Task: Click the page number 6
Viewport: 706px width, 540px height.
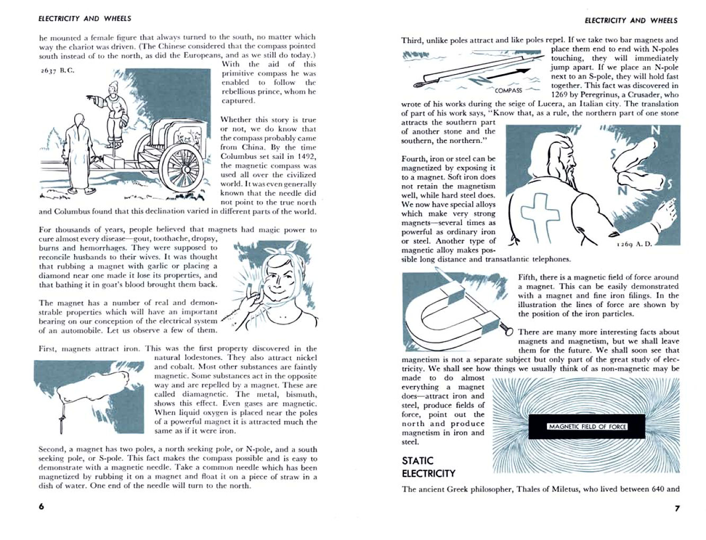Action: (x=41, y=506)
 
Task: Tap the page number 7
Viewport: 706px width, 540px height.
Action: (x=677, y=508)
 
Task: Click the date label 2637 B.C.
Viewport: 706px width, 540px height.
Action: (x=57, y=70)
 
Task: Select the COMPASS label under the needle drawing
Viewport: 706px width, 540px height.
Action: (x=508, y=90)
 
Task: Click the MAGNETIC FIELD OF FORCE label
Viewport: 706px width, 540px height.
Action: (x=587, y=427)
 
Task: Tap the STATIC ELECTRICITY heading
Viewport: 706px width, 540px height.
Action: (x=428, y=467)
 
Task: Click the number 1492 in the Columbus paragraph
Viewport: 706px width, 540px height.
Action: (x=306, y=156)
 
